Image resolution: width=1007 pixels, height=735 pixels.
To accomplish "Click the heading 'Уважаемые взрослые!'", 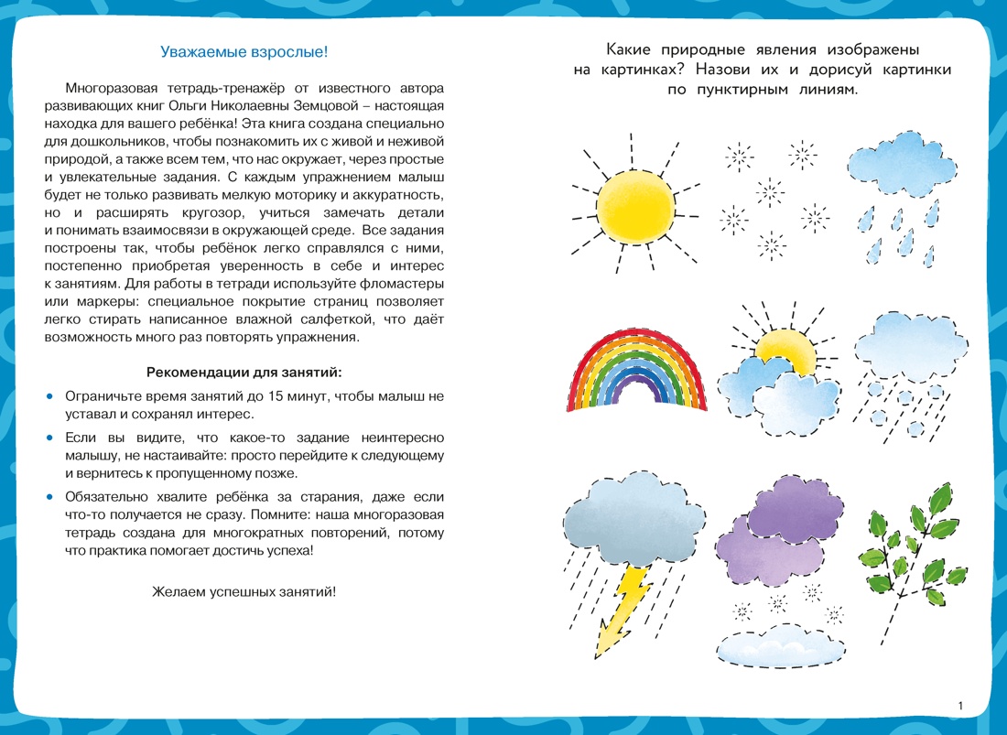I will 244,52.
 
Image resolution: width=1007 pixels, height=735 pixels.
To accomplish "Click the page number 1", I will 959,705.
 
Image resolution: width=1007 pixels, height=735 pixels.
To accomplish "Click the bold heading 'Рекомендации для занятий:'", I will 244,373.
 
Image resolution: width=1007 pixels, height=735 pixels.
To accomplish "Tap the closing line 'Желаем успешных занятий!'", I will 244,591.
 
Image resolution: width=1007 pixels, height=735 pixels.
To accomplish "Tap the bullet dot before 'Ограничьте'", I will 50,395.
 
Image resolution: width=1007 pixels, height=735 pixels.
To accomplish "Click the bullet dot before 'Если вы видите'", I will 50,438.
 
